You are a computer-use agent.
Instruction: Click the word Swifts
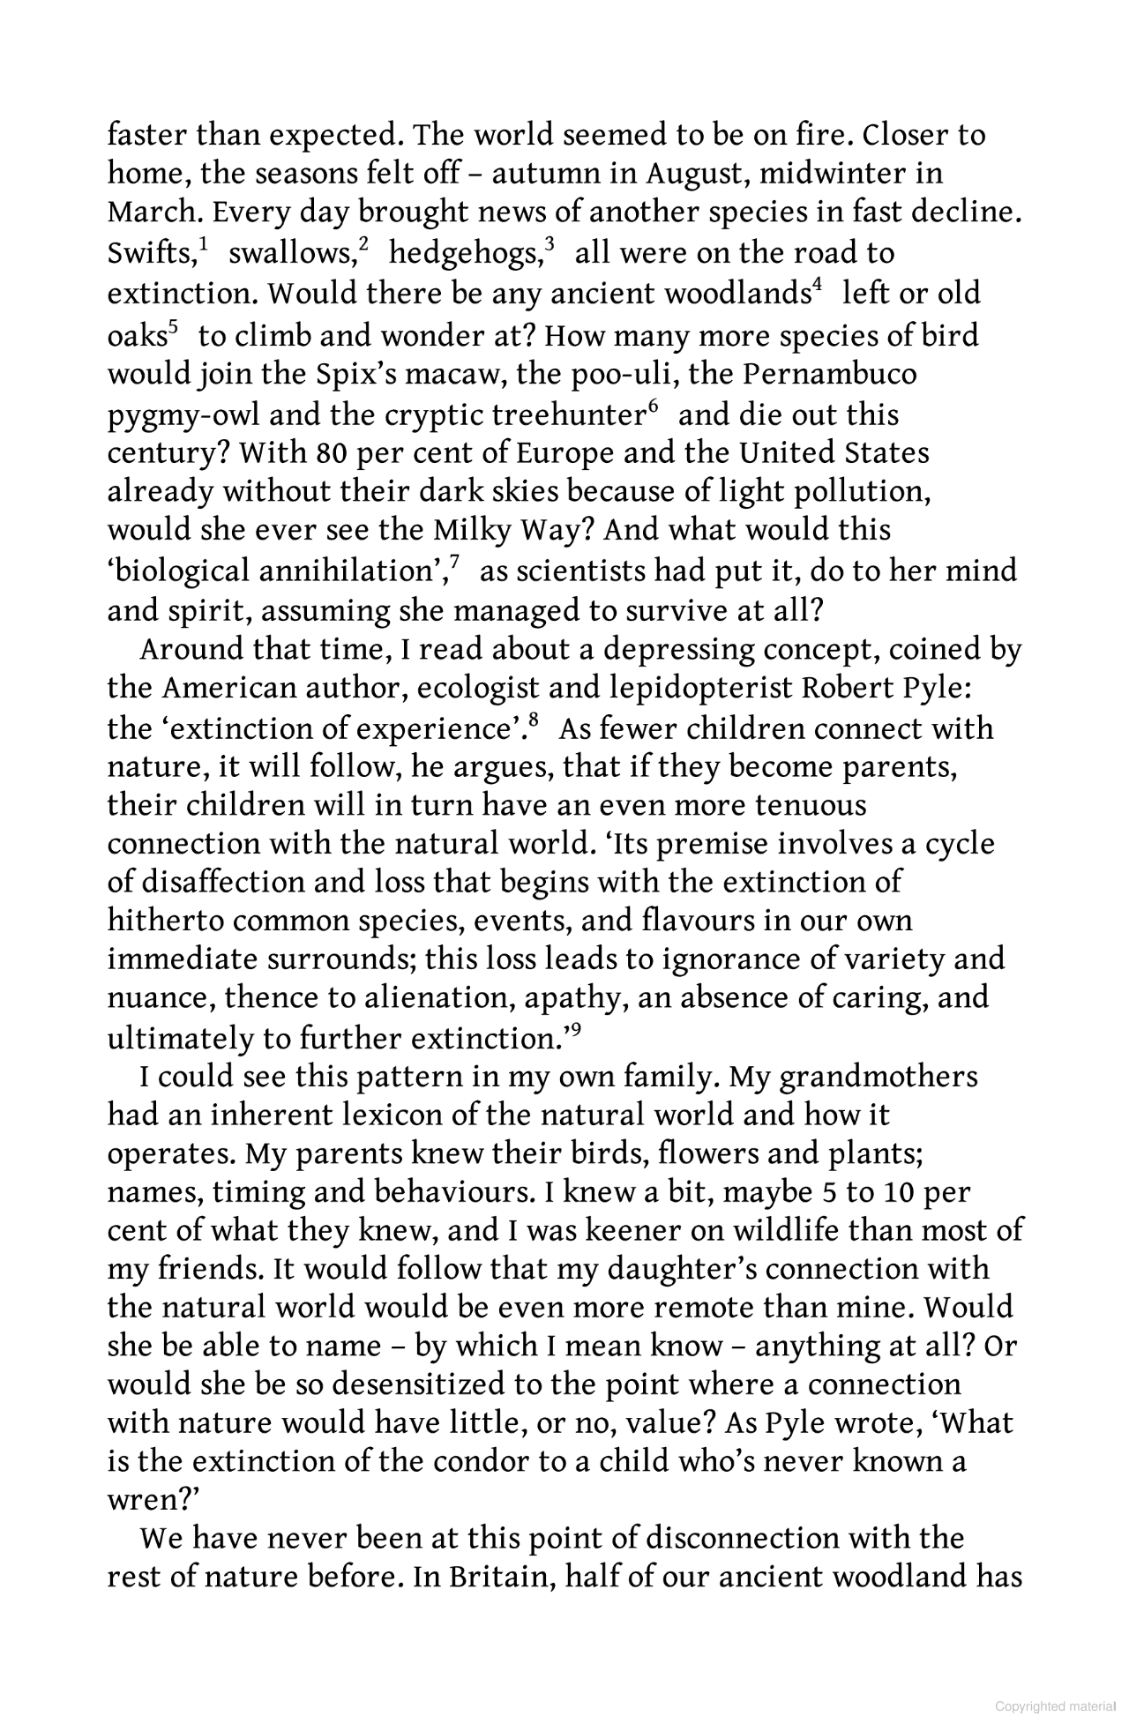pos(148,254)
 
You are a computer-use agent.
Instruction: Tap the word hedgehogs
pos(464,254)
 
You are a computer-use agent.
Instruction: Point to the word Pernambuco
pos(829,374)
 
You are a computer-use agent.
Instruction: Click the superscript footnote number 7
pos(453,562)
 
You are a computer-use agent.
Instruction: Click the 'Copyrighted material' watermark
pos(1055,1706)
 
